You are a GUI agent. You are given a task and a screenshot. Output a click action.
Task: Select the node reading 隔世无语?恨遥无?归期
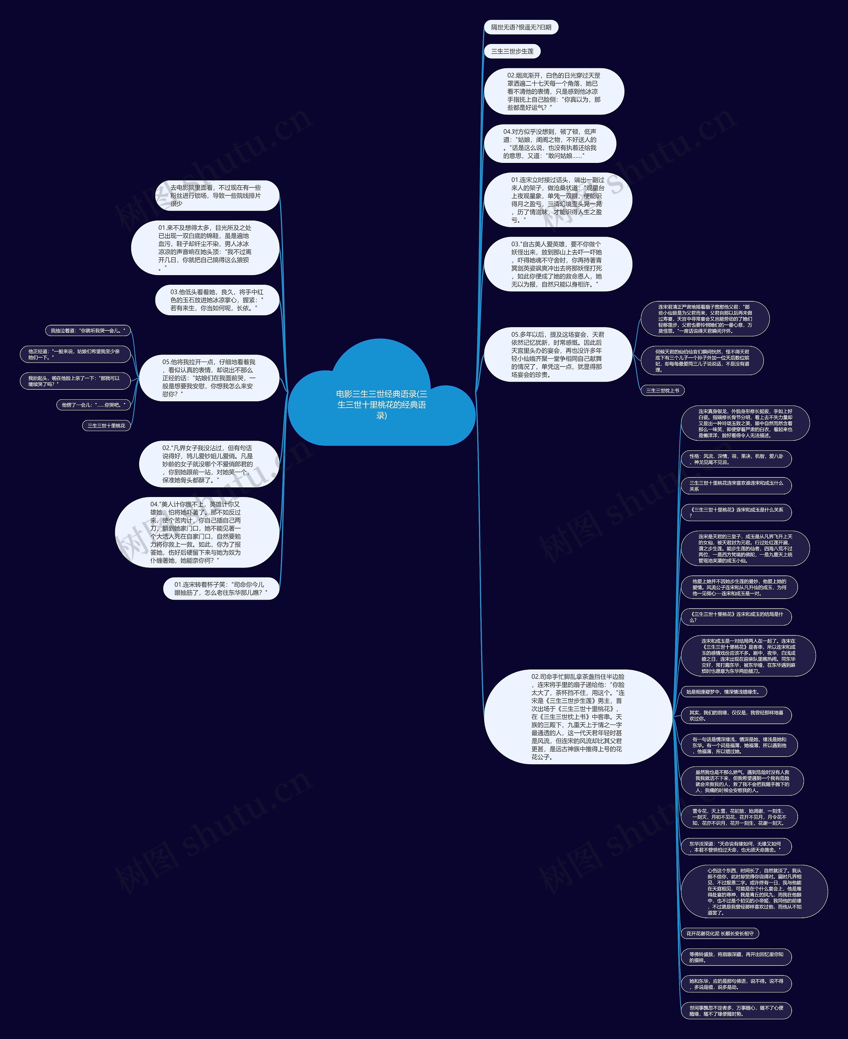coord(521,27)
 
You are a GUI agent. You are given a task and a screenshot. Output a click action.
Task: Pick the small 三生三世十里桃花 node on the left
coord(106,426)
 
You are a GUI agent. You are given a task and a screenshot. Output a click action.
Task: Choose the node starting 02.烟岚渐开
coord(554,92)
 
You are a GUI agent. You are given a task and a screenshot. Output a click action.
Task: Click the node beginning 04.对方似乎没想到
coord(550,144)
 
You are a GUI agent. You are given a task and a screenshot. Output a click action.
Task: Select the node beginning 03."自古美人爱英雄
coord(557,264)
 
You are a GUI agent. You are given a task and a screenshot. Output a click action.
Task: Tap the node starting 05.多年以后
coord(557,355)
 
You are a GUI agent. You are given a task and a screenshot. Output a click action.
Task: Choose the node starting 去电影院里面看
coord(217,196)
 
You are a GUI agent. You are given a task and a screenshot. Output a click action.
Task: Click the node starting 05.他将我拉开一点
coord(209,378)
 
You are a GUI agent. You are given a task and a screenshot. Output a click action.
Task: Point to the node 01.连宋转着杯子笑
coord(221,588)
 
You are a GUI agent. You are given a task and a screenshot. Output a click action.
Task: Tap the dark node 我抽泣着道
coord(88,330)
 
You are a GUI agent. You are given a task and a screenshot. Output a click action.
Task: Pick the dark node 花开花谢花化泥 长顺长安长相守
coord(719,933)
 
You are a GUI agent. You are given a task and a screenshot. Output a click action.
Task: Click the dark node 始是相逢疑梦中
coord(722,692)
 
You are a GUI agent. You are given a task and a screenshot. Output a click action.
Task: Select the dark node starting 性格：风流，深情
coord(736,459)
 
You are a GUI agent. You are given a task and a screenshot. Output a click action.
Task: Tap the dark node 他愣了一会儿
coord(93,405)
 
